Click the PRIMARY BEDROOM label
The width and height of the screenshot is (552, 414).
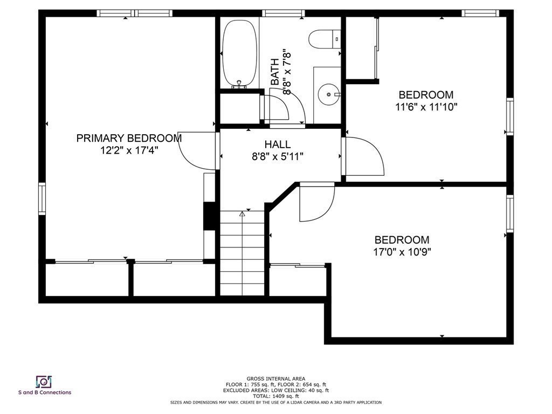[x=129, y=138]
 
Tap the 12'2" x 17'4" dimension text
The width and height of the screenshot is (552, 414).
[x=129, y=150]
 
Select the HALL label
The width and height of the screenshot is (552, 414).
[x=278, y=144]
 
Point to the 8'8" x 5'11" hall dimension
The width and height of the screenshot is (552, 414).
[x=278, y=156]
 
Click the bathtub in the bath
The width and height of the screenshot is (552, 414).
[x=239, y=53]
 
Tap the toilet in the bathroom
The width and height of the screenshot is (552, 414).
[x=325, y=39]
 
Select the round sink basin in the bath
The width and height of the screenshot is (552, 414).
[x=329, y=94]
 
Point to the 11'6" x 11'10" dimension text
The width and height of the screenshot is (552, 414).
[x=426, y=107]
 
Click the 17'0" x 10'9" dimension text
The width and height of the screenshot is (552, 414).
[x=402, y=252]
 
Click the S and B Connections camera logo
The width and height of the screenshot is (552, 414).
[x=44, y=382]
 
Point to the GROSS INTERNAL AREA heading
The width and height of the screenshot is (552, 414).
[x=275, y=379]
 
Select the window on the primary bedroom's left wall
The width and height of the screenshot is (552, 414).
[x=42, y=198]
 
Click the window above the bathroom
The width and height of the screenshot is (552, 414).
[x=284, y=13]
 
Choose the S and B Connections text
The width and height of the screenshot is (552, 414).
[x=45, y=392]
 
